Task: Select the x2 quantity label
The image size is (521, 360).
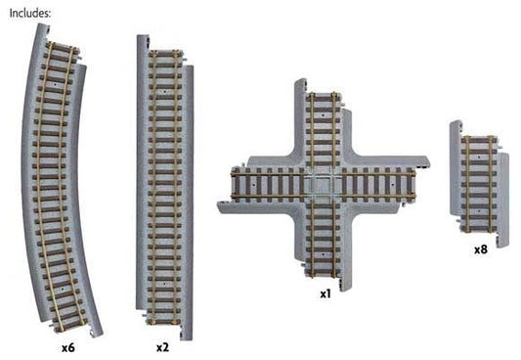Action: (x=162, y=347)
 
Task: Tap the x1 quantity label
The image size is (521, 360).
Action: (x=325, y=292)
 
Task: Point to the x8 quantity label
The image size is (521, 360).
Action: (x=480, y=249)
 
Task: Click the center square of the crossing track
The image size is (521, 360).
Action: (x=323, y=183)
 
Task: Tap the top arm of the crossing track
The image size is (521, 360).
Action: (x=322, y=122)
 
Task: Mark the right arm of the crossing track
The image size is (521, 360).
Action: (x=386, y=182)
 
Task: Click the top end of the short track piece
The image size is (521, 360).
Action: (x=478, y=133)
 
